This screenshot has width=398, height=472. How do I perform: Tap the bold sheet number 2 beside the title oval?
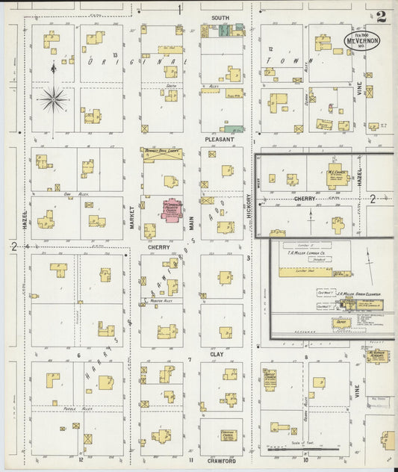(x=382, y=16)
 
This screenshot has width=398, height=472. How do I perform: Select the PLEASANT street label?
(x=220, y=140)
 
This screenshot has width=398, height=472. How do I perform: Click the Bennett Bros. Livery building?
(x=163, y=152)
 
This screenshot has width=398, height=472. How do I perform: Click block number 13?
(x=115, y=56)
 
